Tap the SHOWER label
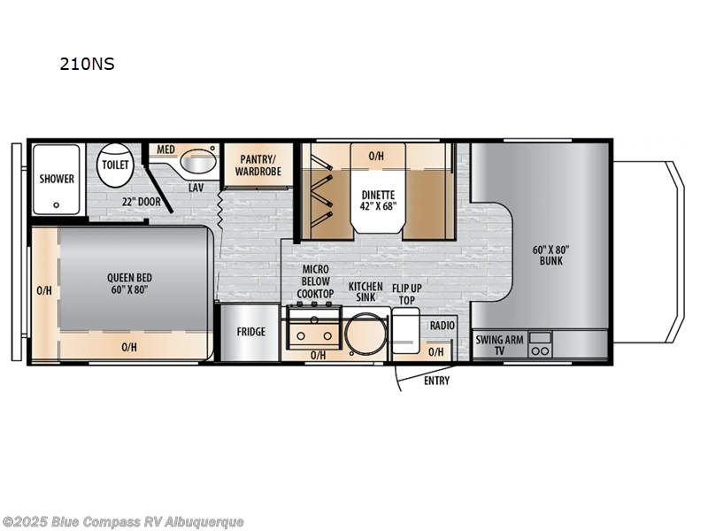57,179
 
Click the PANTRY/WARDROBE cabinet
259,165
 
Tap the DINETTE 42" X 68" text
379,201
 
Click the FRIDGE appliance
250,333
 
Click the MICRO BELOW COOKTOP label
315,281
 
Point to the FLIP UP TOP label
406,292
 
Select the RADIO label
442,326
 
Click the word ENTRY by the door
436,381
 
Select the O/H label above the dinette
377,156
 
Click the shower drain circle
57,204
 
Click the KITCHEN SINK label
365,292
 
